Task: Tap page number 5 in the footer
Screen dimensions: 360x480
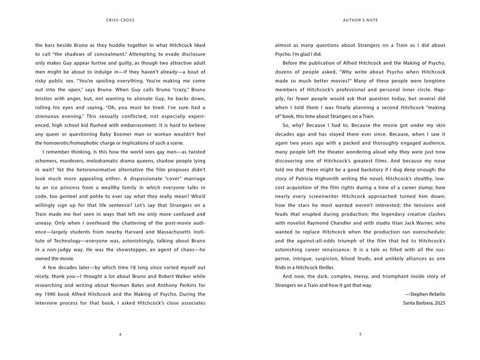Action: pyautogui.click(x=359, y=334)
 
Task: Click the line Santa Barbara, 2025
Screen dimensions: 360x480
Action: pyautogui.click(x=424, y=304)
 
